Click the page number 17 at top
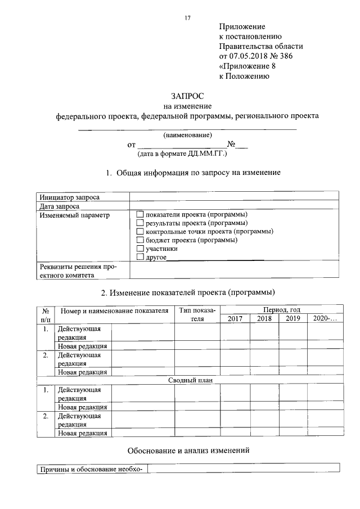click(188, 18)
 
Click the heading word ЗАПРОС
click(187, 96)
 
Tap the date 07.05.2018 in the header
click(248, 56)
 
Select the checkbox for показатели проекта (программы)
click(141, 215)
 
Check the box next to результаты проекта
click(141, 223)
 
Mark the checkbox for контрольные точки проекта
click(141, 232)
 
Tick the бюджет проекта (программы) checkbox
click(141, 240)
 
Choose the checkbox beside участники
click(141, 249)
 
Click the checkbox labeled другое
click(141, 257)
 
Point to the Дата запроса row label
click(58, 206)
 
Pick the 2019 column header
click(293, 318)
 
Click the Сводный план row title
click(188, 380)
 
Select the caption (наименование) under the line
click(187, 136)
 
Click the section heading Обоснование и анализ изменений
click(188, 450)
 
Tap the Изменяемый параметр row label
click(67, 215)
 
